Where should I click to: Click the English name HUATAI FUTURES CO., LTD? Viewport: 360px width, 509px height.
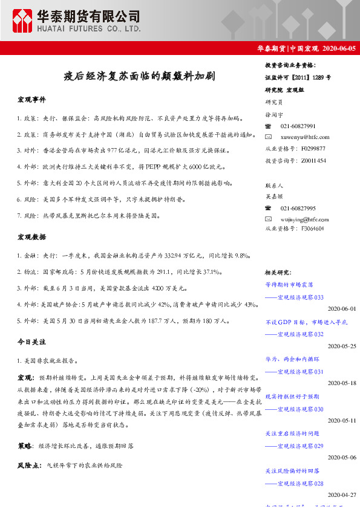click(88, 28)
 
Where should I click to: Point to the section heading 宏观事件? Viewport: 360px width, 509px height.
click(31, 99)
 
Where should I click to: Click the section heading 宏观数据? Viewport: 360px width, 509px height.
click(31, 238)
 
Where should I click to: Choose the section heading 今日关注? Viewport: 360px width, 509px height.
click(31, 342)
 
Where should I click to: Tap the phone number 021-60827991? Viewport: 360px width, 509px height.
click(298, 126)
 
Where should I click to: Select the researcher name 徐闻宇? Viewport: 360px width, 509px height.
click(273, 114)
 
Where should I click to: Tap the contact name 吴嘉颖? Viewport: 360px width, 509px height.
click(273, 196)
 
